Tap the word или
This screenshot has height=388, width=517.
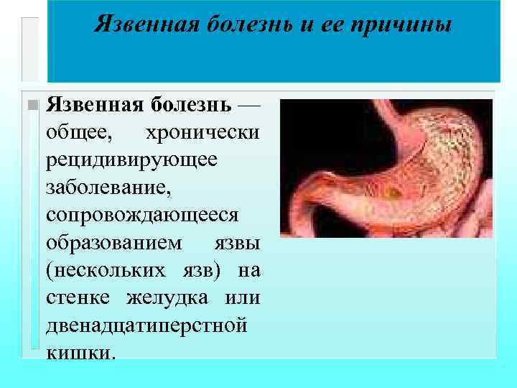pyautogui.click(x=242, y=297)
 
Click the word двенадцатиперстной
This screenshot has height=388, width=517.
pyautogui.click(x=146, y=324)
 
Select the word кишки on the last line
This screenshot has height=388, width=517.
pyautogui.click(x=79, y=351)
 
